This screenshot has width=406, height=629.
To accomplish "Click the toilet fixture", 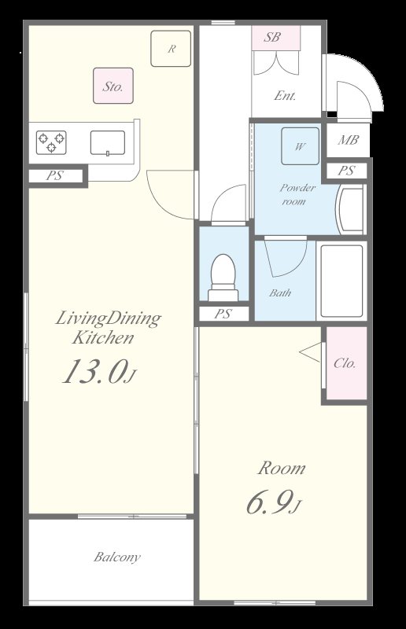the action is coord(223,278).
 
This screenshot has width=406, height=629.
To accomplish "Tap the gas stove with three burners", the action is coord(51,142).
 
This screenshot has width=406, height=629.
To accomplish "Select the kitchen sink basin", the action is coord(107,143).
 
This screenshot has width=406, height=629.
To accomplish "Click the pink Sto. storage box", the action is coord(113,86).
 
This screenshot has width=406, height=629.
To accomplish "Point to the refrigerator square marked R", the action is coord(171,49).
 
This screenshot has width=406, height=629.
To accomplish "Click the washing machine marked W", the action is coord(300,146).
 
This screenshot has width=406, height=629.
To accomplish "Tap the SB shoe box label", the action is coord(272,37).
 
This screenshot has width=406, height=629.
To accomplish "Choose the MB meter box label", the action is coord(348,140).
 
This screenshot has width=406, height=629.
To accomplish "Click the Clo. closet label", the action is coord(345,363).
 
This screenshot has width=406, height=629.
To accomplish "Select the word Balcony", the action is coord(117,557).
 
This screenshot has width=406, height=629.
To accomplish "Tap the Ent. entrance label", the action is coord(285,96).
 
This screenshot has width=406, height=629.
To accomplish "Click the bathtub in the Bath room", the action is coord(341,281).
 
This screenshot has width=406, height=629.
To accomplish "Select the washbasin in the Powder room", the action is coord(352,209).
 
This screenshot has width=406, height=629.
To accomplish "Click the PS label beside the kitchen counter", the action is coord(54,175).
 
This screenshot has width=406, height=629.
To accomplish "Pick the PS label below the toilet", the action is coord(223,314).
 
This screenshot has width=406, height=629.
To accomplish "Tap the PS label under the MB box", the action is coord(345,171).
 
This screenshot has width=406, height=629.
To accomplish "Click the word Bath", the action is coord(280,293).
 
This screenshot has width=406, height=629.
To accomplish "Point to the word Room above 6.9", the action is coord(281,468).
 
